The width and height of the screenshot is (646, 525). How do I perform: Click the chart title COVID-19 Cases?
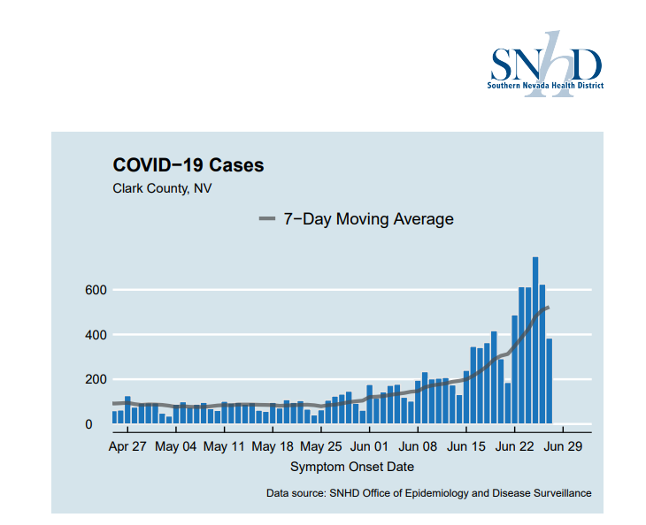point(188,165)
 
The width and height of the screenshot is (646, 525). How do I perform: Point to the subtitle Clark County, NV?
point(162,188)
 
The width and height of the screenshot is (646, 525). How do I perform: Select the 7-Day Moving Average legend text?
point(368,219)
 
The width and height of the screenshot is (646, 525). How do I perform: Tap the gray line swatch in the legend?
point(266,219)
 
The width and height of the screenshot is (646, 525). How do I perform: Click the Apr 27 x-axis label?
point(127,447)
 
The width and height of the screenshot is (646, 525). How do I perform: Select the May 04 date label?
point(175,447)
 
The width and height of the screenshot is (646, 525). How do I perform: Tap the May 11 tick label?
point(225,447)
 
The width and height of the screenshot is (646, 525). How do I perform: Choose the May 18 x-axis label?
point(273,447)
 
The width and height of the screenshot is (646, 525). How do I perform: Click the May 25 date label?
point(322,447)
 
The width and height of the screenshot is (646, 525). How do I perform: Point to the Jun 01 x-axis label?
point(370,447)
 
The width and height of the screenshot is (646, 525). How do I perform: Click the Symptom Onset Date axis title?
point(351,467)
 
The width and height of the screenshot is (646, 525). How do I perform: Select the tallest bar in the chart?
point(535,340)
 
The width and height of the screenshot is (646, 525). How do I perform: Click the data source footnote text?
point(428,493)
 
